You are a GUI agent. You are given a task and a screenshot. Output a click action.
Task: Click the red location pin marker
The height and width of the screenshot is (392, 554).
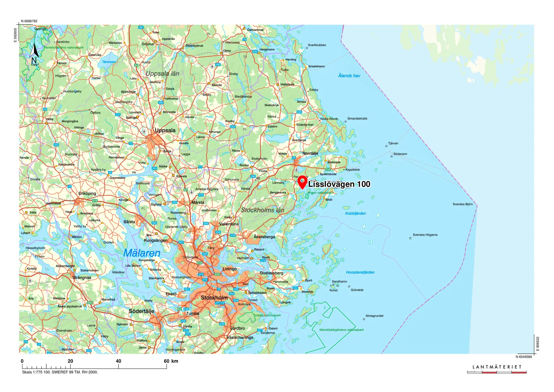(303, 182)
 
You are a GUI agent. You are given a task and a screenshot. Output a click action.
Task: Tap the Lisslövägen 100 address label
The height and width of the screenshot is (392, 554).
(339, 184)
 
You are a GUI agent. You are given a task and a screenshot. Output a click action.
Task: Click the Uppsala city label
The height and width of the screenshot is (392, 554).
(165, 130)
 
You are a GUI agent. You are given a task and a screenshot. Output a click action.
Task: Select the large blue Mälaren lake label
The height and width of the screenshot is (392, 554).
(142, 253)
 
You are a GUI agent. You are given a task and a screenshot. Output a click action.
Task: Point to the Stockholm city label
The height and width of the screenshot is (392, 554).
(214, 298)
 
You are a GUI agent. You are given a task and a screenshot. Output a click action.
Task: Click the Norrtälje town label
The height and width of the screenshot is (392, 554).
(310, 153)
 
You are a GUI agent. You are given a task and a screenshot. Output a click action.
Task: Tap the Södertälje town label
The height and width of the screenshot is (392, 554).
(141, 311)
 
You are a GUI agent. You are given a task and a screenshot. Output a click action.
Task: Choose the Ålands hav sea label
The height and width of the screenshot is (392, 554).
(349, 76)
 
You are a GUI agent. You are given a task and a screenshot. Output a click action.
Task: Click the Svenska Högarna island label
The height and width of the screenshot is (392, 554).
(425, 235)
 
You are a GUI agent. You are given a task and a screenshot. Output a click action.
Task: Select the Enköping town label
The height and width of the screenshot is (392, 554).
(87, 193)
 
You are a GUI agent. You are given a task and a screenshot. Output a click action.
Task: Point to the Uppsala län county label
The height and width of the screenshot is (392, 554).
(163, 74)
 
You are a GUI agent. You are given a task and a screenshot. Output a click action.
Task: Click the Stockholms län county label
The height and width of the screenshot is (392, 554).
(263, 210)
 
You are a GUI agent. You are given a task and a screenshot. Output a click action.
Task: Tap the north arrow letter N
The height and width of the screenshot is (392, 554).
(34, 61)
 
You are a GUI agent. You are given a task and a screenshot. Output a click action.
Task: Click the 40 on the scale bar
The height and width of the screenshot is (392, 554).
(118, 361)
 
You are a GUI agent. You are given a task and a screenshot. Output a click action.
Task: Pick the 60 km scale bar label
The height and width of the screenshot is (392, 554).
(171, 361)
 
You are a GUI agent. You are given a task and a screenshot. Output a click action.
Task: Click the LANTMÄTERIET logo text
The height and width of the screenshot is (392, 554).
(497, 367)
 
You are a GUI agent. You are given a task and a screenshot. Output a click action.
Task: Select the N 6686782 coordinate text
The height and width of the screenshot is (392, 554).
(29, 21)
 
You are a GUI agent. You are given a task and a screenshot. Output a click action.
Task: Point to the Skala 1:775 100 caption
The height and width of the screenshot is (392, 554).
(60, 372)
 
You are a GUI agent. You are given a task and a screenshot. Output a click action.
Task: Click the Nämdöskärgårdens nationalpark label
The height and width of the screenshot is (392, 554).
(341, 330)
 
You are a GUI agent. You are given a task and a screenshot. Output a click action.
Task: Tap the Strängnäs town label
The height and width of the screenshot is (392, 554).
(82, 278)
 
